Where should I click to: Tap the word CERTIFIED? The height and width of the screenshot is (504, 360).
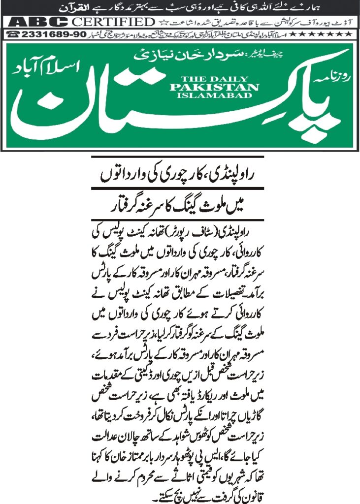coord(112,22)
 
